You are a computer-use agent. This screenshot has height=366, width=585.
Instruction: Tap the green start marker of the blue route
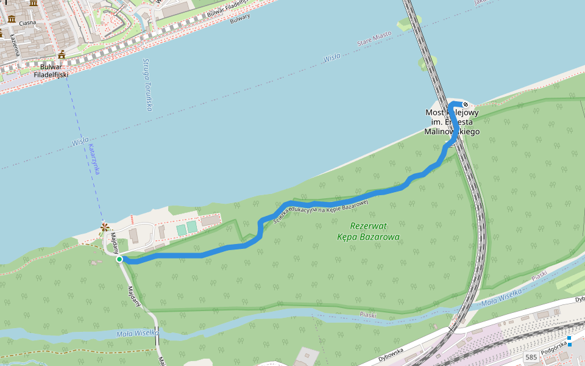[x=119, y=259]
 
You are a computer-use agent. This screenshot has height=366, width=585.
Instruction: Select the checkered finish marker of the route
[x=473, y=104]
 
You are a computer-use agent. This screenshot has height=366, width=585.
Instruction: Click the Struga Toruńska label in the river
[x=147, y=85]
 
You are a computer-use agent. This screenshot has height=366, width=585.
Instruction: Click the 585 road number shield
[x=531, y=357]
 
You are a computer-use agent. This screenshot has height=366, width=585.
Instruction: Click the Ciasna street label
[x=27, y=23]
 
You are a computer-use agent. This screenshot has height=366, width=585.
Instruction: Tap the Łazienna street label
[x=14, y=45]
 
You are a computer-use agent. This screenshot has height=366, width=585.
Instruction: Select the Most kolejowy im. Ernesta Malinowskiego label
[x=452, y=122]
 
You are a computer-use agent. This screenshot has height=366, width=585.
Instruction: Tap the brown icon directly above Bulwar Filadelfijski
[x=62, y=55]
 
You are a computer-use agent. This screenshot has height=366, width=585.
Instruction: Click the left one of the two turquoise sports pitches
[x=181, y=229]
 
